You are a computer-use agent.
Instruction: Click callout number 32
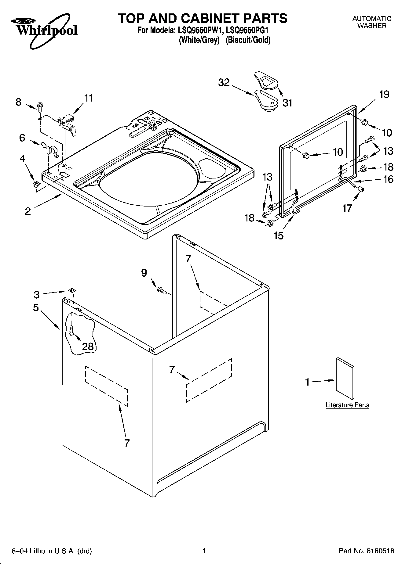[224, 82]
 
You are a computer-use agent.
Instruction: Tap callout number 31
[287, 103]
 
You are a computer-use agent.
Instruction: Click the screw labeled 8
[40, 106]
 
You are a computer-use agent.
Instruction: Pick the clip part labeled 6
[50, 149]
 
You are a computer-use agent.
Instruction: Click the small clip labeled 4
[37, 184]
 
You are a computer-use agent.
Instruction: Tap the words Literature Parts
[347, 405]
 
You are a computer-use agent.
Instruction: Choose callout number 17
[347, 208]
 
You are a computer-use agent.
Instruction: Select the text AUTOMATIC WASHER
[371, 22]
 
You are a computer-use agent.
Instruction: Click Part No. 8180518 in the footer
[367, 551]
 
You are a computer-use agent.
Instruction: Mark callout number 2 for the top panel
[28, 211]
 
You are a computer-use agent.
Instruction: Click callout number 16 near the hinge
[388, 179]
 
